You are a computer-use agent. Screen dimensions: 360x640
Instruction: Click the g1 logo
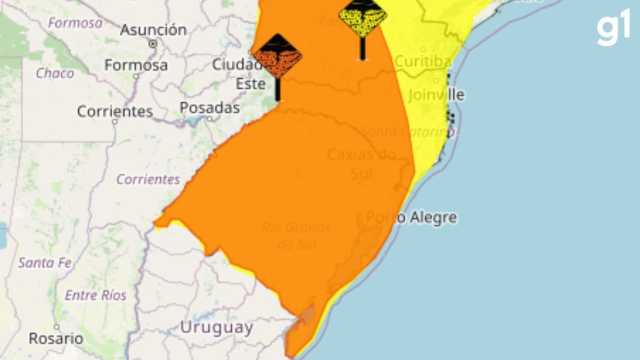[x=613, y=27]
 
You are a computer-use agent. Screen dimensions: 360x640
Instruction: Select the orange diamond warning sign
[x=277, y=57]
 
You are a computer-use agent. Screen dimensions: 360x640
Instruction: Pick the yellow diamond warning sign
[x=362, y=16]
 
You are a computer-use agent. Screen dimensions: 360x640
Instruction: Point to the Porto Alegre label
[x=411, y=218]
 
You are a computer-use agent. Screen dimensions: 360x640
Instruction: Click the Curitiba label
[x=423, y=61]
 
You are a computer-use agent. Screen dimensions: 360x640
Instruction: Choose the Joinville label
[x=436, y=95]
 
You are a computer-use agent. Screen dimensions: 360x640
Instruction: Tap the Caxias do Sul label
[x=361, y=164]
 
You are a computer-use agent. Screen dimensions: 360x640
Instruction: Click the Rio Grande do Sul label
[x=296, y=235]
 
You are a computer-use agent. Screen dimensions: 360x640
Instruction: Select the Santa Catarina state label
[x=408, y=132]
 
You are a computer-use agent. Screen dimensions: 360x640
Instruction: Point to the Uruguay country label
[x=217, y=328]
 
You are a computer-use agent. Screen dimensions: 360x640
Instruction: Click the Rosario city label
[x=56, y=339]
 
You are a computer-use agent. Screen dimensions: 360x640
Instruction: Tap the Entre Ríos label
[x=96, y=295]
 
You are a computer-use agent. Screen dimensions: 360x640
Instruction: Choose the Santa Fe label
[x=45, y=263]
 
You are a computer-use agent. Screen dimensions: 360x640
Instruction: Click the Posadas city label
[x=210, y=108]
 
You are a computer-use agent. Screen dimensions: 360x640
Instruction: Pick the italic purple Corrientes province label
[x=148, y=179]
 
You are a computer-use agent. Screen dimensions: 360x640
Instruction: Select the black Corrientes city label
[x=115, y=112]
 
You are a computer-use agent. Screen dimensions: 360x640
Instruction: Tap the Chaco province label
[x=55, y=73]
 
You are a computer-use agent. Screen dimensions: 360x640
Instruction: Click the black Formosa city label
[x=136, y=65]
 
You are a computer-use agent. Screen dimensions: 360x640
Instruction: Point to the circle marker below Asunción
[x=153, y=43]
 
